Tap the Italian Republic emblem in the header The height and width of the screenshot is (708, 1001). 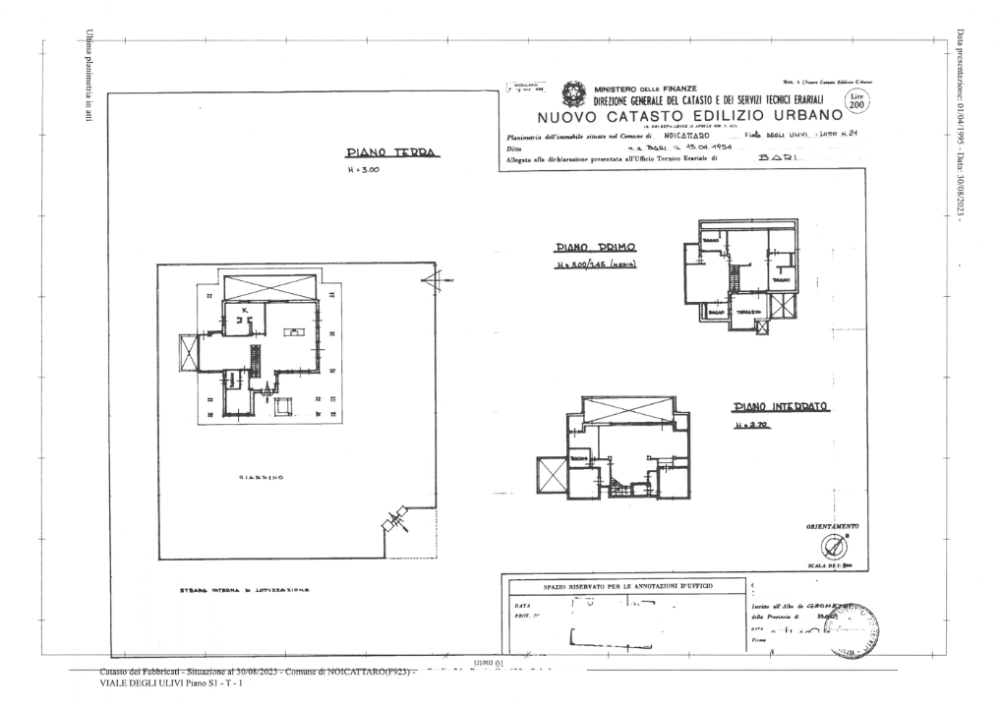click(x=573, y=95)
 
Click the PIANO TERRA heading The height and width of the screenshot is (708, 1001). click(x=389, y=153)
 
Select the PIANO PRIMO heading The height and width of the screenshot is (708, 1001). click(x=591, y=249)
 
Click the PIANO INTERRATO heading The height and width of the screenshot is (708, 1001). click(x=782, y=406)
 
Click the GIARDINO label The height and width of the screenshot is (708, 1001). click(x=261, y=479)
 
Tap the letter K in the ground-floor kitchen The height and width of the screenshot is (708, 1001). click(x=246, y=310)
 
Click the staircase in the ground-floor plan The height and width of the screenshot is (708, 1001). click(x=255, y=361)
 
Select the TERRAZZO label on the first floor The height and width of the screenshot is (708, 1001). click(x=750, y=311)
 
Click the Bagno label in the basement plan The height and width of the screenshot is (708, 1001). click(x=578, y=458)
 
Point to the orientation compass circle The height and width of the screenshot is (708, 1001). click(x=832, y=546)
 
